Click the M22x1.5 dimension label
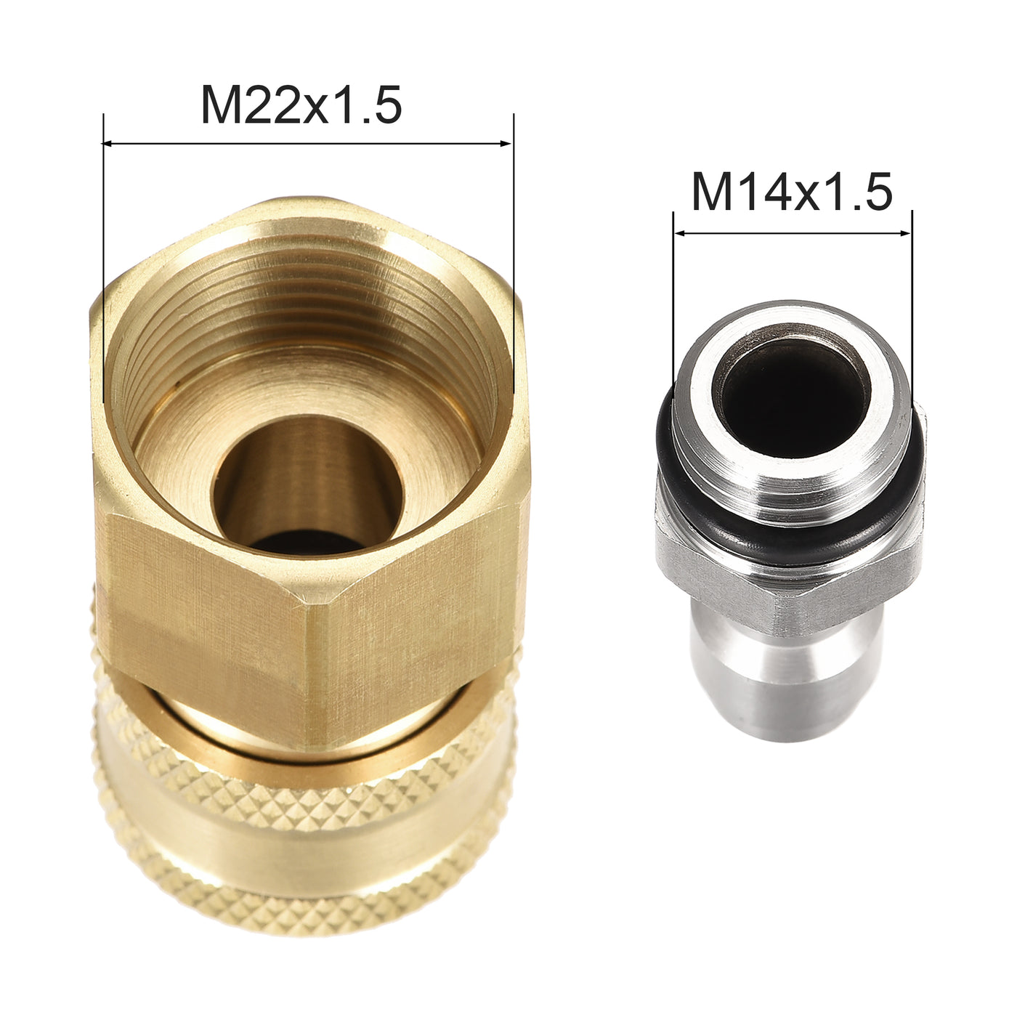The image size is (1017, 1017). click(301, 106)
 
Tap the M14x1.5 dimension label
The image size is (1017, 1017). click(791, 193)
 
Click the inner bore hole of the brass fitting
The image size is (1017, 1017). click(309, 487)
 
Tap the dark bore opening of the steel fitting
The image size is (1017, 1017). click(792, 392)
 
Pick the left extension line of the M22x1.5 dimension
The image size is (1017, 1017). click(103, 254)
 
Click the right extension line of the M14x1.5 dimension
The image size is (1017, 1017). click(912, 305)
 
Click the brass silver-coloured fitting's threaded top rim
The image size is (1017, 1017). click(792, 320)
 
